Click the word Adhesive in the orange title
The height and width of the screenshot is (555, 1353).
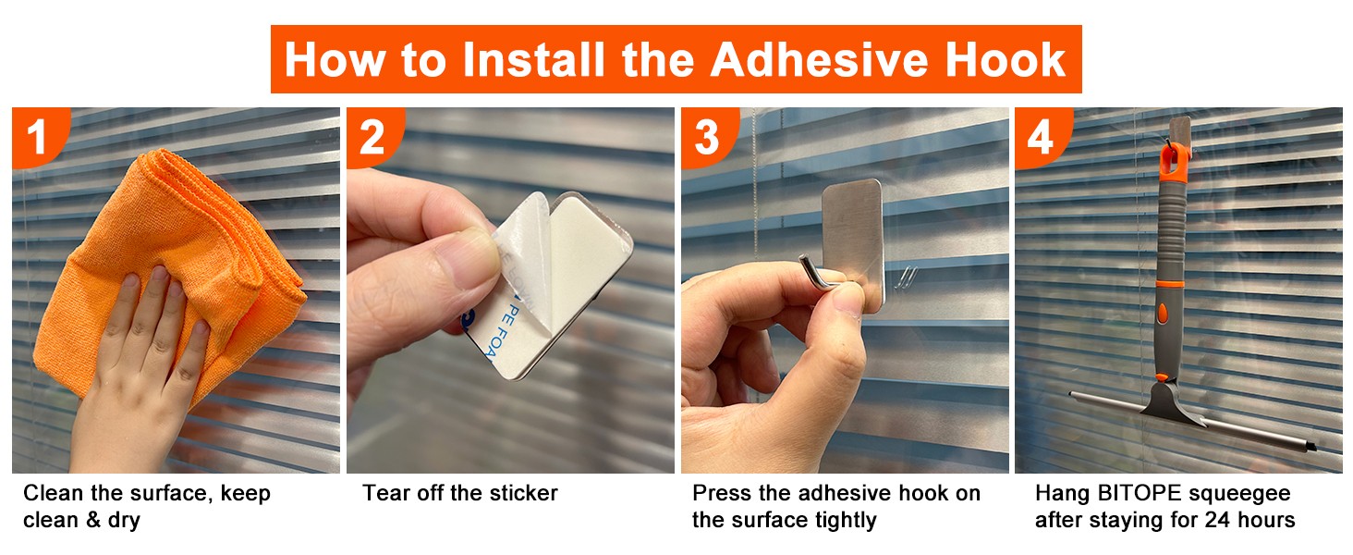(x=819, y=60)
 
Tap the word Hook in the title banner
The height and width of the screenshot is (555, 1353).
(x=1006, y=60)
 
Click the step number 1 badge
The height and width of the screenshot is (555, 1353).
(x=38, y=136)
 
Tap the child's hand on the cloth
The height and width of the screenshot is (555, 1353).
(x=145, y=363)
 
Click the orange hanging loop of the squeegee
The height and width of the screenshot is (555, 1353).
(x=1174, y=163)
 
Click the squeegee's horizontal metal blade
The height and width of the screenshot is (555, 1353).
(x=1193, y=424)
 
